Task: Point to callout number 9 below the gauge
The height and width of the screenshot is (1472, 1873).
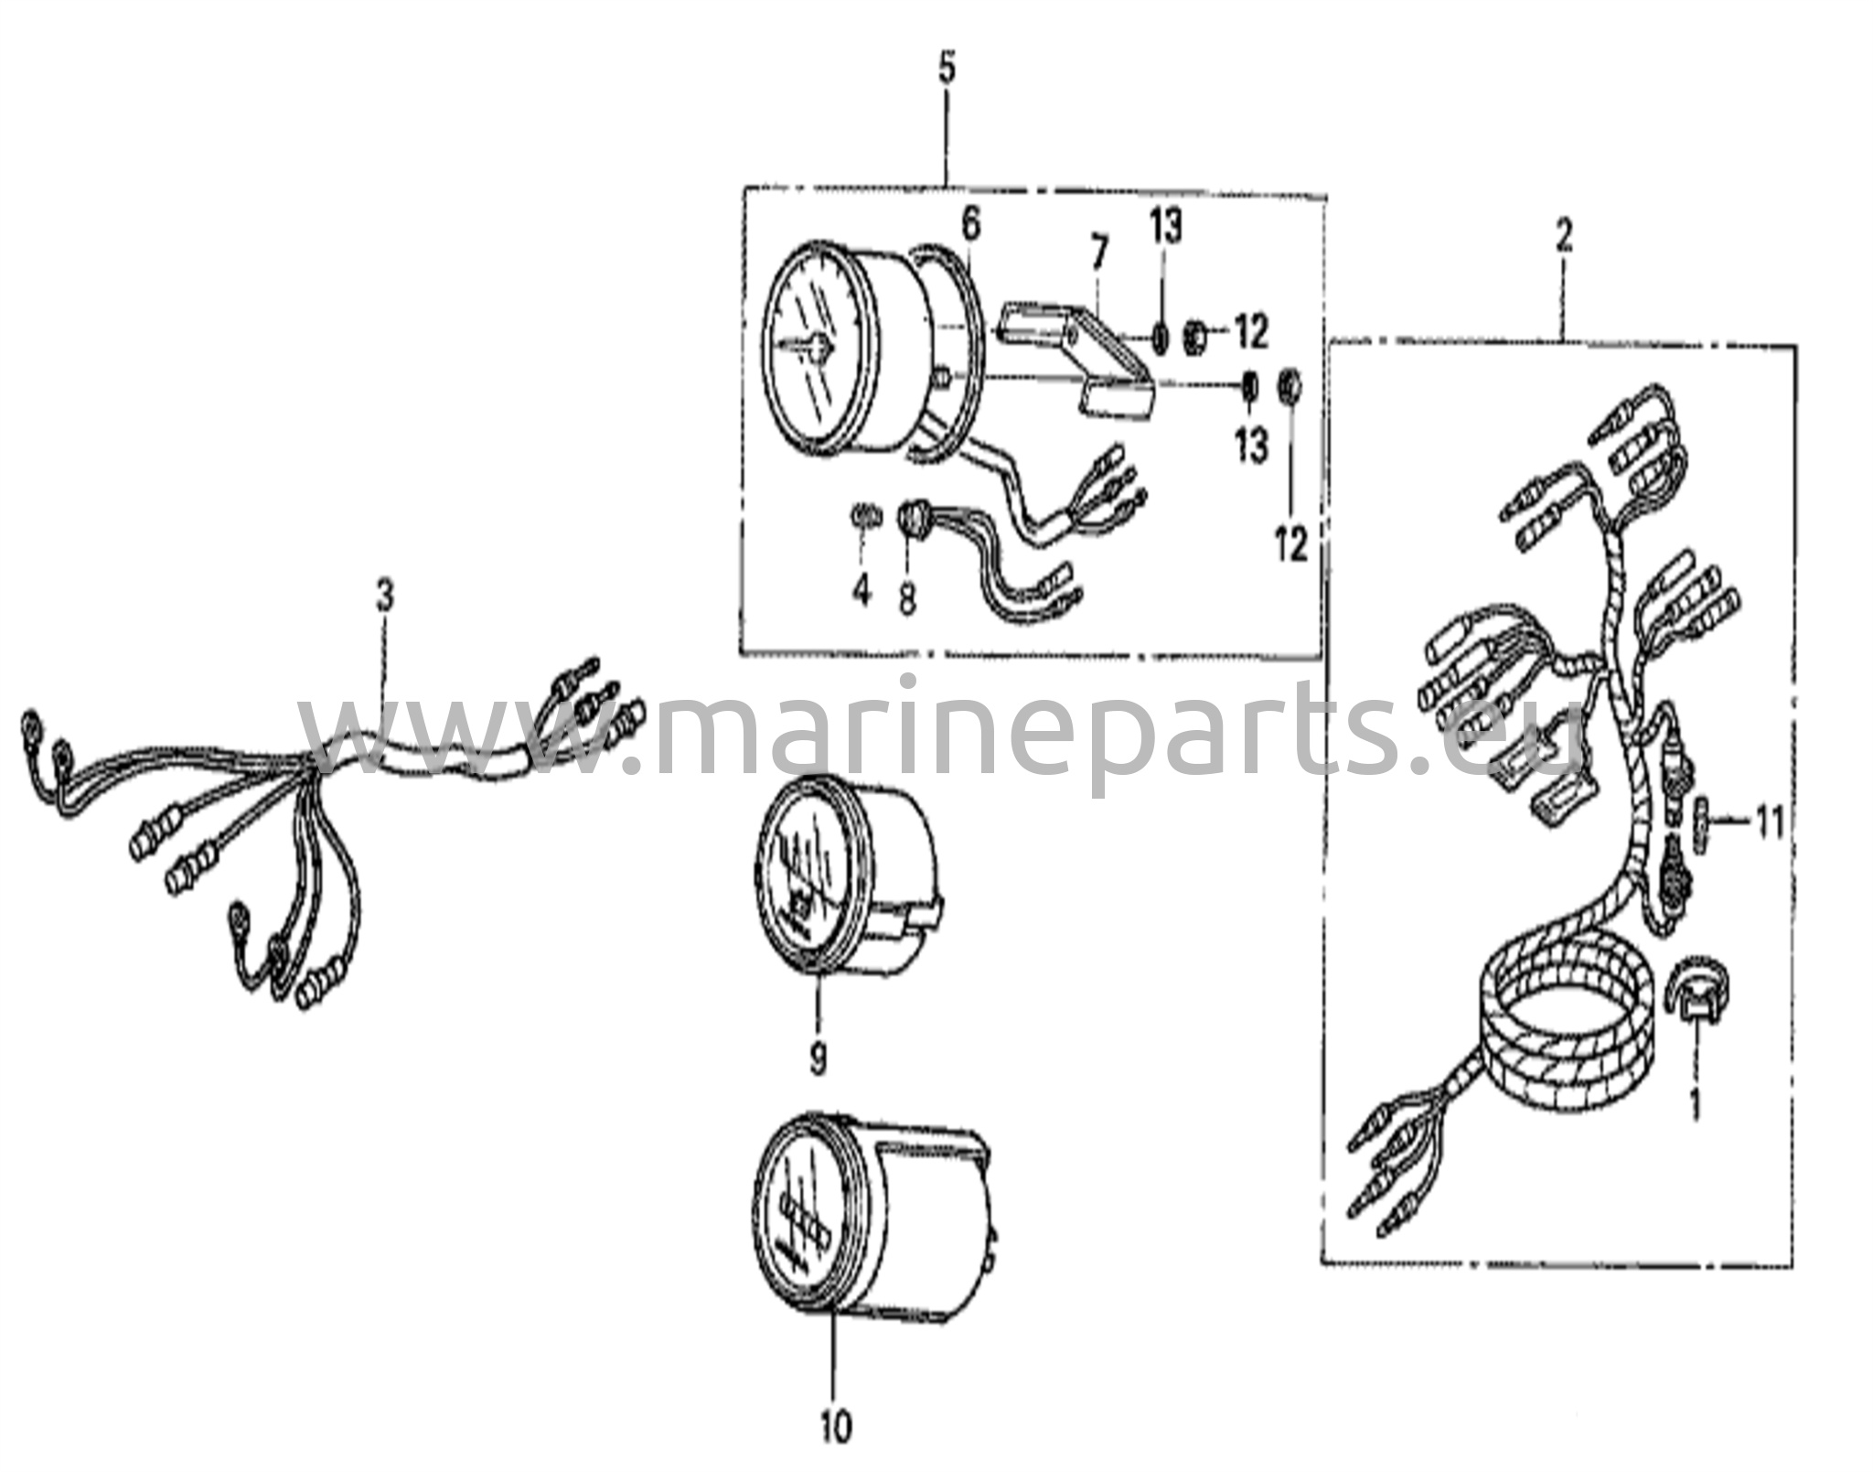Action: pos(818,1058)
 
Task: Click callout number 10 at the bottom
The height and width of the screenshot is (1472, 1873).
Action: pos(836,1426)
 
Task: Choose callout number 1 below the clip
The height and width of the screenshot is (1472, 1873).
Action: pos(1694,1106)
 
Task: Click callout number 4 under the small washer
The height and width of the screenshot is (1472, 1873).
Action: pos(862,590)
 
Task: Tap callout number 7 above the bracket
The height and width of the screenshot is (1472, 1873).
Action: pos(1098,253)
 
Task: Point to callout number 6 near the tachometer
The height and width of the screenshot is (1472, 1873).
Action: pos(970,223)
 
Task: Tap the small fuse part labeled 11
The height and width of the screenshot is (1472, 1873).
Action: pos(1702,823)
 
